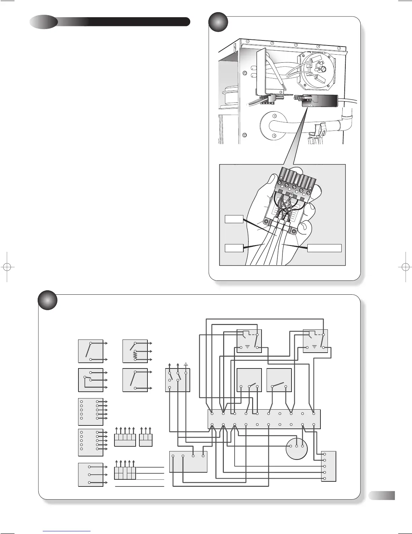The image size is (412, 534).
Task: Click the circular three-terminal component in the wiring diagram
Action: click(x=297, y=448)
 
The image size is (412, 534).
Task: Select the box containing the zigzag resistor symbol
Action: click(x=135, y=351)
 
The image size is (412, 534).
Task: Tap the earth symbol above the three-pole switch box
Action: click(x=186, y=364)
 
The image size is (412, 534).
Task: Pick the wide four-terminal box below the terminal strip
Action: click(x=188, y=462)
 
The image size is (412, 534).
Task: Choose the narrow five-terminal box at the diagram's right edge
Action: click(x=329, y=466)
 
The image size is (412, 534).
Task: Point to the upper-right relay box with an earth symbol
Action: click(x=315, y=341)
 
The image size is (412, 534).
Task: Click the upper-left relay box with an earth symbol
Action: click(x=249, y=341)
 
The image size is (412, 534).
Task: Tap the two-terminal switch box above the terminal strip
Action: click(x=279, y=380)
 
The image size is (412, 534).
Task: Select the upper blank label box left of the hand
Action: click(x=234, y=219)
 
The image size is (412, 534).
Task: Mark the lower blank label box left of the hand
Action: click(x=234, y=248)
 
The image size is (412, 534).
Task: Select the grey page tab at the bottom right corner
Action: click(x=381, y=495)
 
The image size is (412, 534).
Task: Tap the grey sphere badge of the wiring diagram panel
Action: click(x=47, y=300)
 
